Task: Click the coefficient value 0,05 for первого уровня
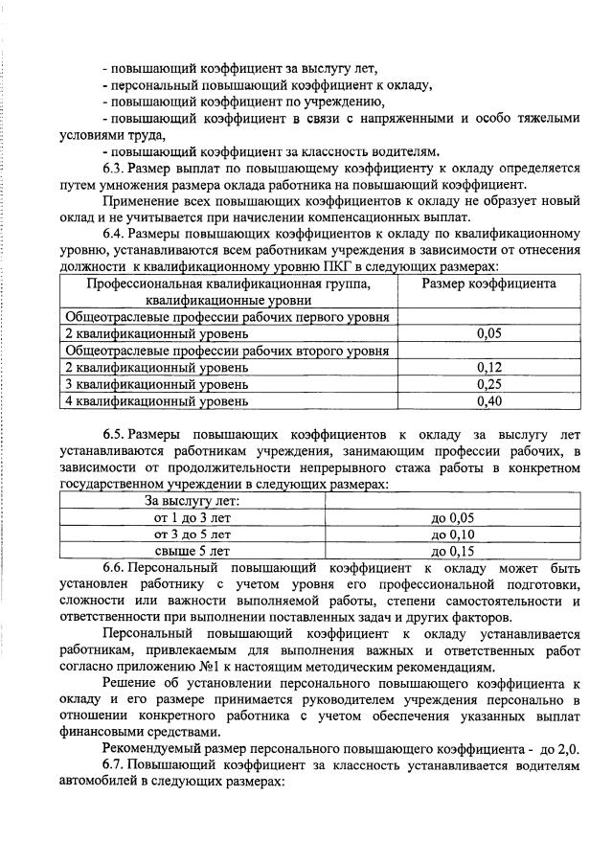tap(488, 333)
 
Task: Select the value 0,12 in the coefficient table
tap(488, 368)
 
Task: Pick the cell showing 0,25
tap(488, 384)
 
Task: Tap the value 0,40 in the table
tap(488, 401)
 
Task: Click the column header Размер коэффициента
tap(488, 284)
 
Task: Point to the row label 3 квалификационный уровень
tap(157, 384)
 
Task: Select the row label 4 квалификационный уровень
tap(157, 401)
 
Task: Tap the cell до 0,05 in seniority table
tap(453, 518)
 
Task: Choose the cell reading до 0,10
tap(453, 534)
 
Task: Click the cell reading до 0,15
tap(453, 552)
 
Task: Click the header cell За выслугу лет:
tap(193, 501)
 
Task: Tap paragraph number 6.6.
tap(114, 568)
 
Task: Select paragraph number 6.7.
tap(114, 765)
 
